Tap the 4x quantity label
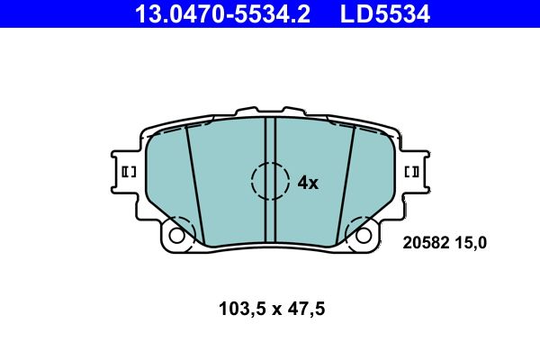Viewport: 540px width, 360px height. (308, 183)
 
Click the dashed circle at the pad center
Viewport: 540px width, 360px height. (270, 181)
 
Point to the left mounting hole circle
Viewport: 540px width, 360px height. (176, 236)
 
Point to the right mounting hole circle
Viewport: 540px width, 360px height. (364, 236)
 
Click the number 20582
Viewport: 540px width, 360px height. (425, 241)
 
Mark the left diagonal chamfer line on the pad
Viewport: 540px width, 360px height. (194, 184)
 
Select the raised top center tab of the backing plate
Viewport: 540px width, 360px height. (270, 114)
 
